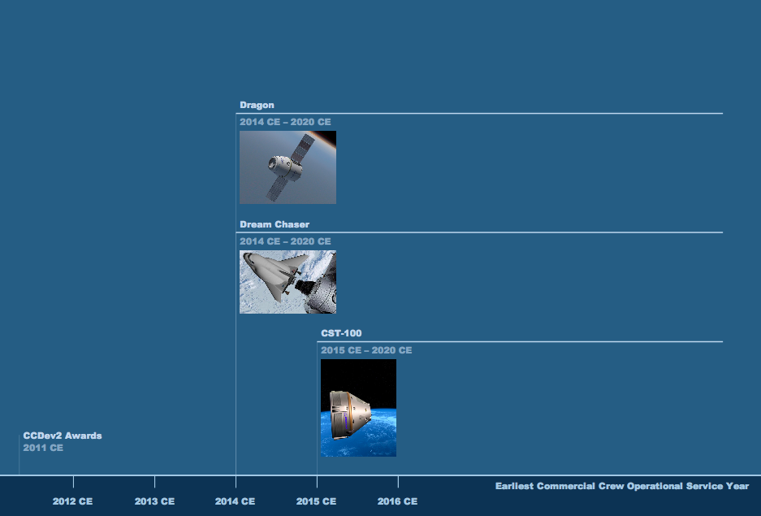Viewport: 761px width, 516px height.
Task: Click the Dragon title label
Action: point(257,105)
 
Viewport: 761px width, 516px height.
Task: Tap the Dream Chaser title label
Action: point(275,224)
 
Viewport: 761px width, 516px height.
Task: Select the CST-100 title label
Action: point(341,333)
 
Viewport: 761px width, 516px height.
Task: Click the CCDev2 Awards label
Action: point(63,436)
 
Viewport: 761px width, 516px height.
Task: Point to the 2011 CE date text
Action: point(43,448)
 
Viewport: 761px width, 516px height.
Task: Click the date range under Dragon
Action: point(285,122)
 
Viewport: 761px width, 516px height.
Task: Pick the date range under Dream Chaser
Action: point(285,241)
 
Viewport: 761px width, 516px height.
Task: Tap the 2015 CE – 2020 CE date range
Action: point(366,350)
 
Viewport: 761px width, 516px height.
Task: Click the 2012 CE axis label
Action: point(72,501)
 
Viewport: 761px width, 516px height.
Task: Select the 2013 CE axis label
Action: point(154,501)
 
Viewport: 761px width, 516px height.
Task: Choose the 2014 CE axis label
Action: point(235,501)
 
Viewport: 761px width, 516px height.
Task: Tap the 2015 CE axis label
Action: point(316,501)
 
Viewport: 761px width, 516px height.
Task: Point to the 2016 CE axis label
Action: point(397,501)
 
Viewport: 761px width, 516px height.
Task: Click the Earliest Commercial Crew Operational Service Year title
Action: point(622,486)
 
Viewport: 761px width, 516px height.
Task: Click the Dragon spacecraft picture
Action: point(288,167)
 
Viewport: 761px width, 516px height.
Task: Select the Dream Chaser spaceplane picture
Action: point(288,282)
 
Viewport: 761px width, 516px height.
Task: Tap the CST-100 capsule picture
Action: point(359,408)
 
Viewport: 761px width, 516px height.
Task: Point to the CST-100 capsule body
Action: point(349,415)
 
